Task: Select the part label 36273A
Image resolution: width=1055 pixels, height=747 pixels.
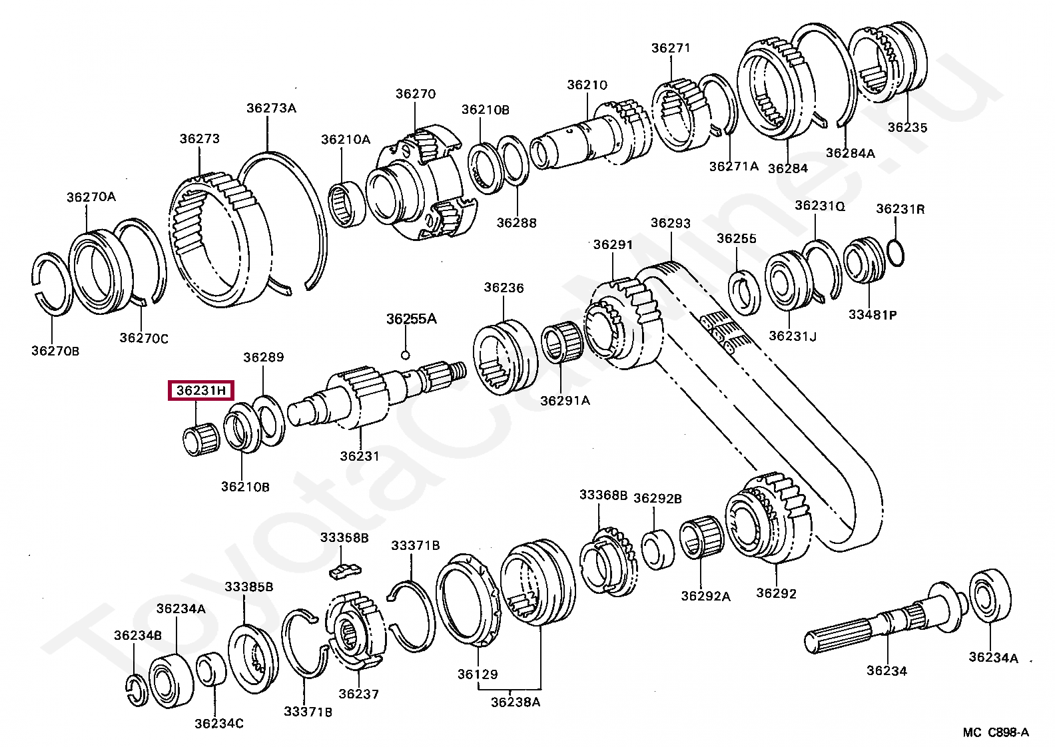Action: [x=270, y=108]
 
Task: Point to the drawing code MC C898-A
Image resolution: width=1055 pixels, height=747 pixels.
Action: [x=995, y=732]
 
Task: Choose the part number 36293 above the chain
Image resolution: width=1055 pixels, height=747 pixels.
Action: [x=670, y=223]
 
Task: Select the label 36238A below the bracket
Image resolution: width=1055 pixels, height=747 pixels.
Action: [x=516, y=701]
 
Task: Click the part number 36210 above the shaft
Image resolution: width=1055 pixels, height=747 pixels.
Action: [x=587, y=85]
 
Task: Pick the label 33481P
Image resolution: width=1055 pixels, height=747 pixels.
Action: [x=873, y=314]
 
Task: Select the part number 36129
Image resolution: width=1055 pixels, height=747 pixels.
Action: [x=478, y=674]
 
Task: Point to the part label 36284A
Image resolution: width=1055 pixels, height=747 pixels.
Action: [x=851, y=152]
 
